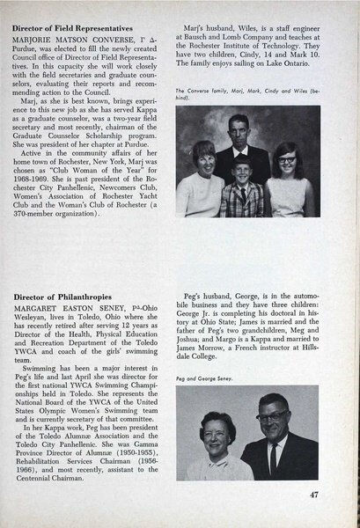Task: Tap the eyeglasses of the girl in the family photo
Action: pos(290,162)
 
